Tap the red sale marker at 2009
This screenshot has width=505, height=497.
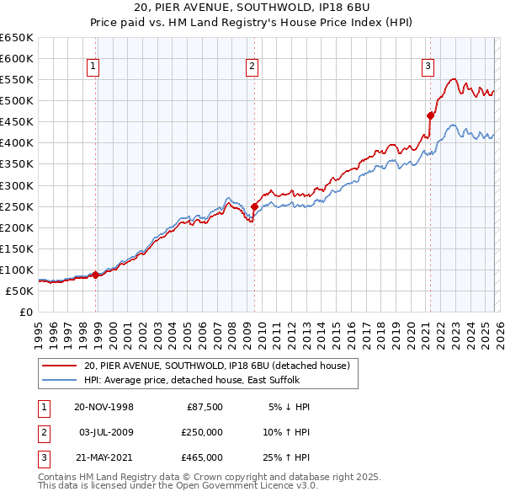coord(254,206)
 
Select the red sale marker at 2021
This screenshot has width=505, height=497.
coord(430,115)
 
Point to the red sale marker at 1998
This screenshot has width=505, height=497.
coord(96,275)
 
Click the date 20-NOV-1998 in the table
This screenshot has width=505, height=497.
coord(104,407)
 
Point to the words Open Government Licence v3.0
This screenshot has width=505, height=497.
coord(263,486)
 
